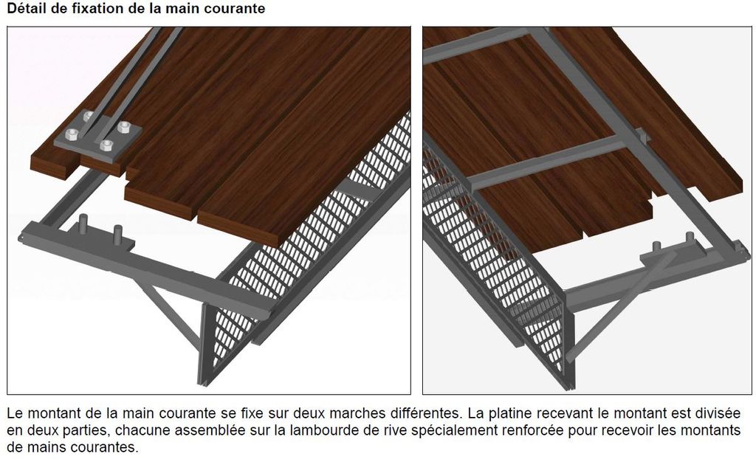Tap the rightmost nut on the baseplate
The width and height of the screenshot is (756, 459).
pyautogui.click(x=124, y=128)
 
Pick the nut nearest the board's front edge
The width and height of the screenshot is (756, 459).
pyautogui.click(x=106, y=145)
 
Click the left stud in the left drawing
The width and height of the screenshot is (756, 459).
pyautogui.click(x=83, y=224)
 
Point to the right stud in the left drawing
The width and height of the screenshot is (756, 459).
pyautogui.click(x=117, y=234)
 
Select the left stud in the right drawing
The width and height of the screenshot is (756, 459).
pyautogui.click(x=656, y=247)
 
